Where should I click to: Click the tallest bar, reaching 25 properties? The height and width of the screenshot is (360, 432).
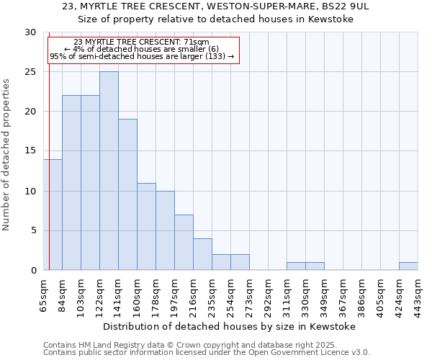(x=109, y=171)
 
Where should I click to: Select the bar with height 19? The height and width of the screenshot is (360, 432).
(x=127, y=194)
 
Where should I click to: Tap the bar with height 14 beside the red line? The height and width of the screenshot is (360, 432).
(x=53, y=215)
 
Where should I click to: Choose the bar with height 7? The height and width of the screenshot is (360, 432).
(x=184, y=242)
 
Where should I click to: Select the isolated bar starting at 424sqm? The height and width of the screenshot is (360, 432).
(x=408, y=266)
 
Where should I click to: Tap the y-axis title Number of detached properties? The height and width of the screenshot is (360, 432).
(x=7, y=155)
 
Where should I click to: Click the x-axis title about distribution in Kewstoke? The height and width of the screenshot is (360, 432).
(x=230, y=326)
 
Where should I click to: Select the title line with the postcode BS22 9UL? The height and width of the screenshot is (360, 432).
(x=215, y=6)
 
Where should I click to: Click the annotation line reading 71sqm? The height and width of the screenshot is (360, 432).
(x=142, y=42)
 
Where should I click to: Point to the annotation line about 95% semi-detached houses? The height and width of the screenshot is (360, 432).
(x=142, y=56)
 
